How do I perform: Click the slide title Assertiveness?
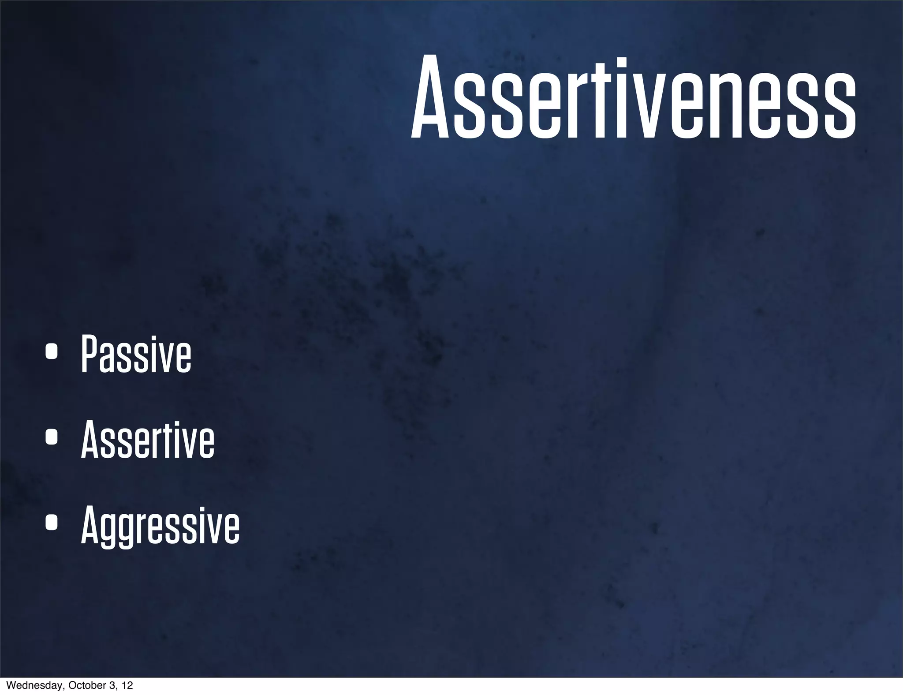point(633,98)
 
